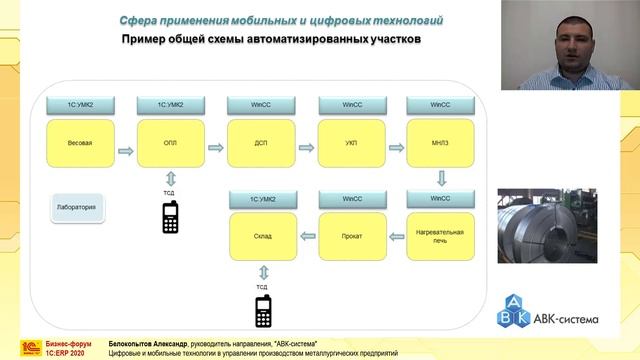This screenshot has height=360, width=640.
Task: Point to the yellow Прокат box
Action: [349, 236]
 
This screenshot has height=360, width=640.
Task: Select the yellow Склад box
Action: [262, 236]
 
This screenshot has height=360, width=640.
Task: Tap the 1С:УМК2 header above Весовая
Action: [79, 104]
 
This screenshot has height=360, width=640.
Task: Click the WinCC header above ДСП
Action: [259, 104]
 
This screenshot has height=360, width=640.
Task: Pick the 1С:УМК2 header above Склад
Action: [262, 199]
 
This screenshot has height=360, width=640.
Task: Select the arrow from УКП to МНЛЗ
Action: [394, 148]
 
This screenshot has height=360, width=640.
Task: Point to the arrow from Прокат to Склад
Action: [305, 237]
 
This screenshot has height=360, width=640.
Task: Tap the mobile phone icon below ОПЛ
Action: [170, 217]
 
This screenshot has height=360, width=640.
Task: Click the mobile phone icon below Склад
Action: [263, 312]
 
